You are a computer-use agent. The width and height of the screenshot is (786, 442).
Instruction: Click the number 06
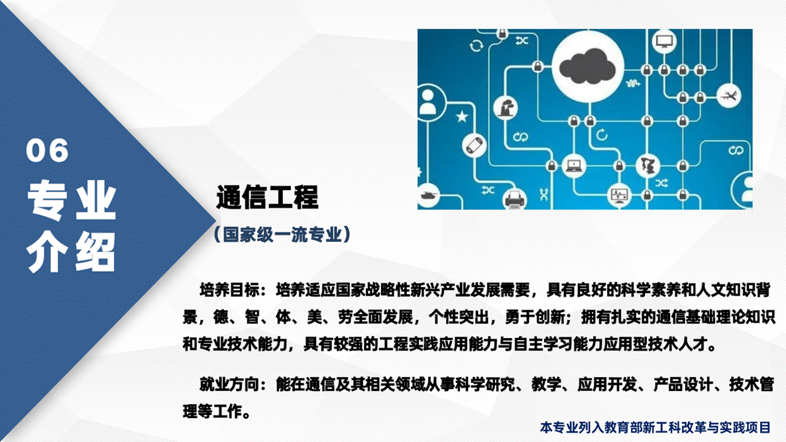click(x=48, y=151)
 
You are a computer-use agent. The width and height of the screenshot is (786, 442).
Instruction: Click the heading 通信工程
click(x=267, y=197)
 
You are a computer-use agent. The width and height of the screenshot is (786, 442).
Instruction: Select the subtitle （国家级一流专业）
click(x=281, y=235)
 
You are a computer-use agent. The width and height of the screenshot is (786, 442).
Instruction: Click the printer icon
click(x=514, y=197)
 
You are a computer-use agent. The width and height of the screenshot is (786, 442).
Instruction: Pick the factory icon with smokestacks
click(x=508, y=107)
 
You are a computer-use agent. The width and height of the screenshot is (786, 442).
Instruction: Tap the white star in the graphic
click(x=461, y=118)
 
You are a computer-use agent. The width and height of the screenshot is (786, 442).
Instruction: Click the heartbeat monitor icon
click(x=619, y=195)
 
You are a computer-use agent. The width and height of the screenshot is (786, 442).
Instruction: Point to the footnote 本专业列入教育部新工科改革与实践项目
click(x=655, y=427)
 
